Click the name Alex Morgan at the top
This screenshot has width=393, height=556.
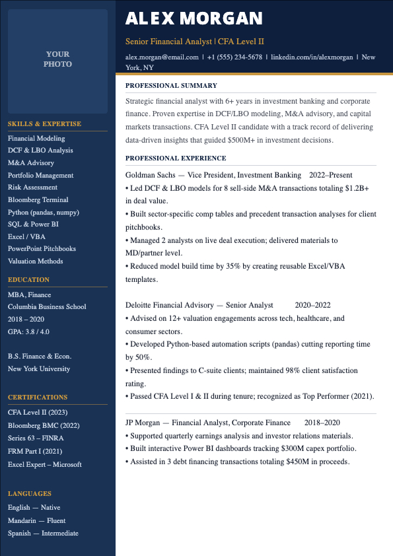point(194,18)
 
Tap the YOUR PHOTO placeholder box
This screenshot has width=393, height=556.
point(58,59)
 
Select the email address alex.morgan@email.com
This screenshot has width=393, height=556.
point(162,57)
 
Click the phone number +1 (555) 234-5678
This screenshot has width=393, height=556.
point(234,57)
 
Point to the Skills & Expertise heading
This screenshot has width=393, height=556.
point(44,123)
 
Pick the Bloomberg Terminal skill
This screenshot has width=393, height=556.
point(38,200)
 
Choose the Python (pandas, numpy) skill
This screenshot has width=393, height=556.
point(44,213)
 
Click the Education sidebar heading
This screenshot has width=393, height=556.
point(28,279)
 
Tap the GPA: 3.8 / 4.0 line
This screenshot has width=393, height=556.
point(28,331)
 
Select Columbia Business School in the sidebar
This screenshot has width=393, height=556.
point(47,307)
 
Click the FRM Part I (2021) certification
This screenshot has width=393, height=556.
point(35,452)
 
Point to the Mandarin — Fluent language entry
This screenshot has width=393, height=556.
point(36,521)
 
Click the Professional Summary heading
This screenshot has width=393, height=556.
point(171,85)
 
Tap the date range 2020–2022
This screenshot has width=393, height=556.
point(312,305)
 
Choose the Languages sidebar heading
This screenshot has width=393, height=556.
point(30,493)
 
